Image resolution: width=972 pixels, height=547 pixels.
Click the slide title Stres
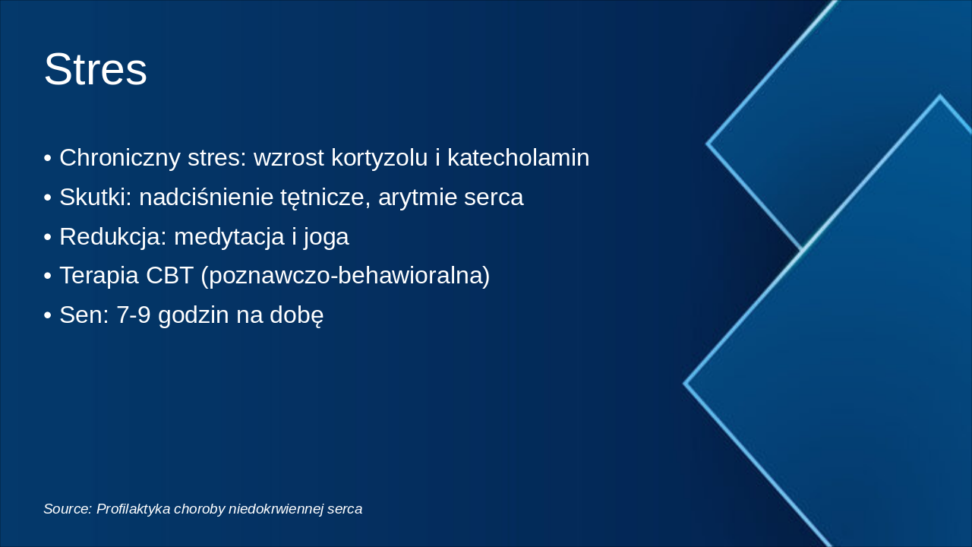click(x=95, y=70)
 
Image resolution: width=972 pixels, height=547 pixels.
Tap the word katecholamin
click(x=518, y=158)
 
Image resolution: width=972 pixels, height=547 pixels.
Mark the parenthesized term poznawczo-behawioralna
click(x=346, y=276)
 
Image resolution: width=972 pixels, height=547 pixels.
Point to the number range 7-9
click(x=134, y=315)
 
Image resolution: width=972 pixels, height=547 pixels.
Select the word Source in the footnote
click(x=67, y=509)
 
